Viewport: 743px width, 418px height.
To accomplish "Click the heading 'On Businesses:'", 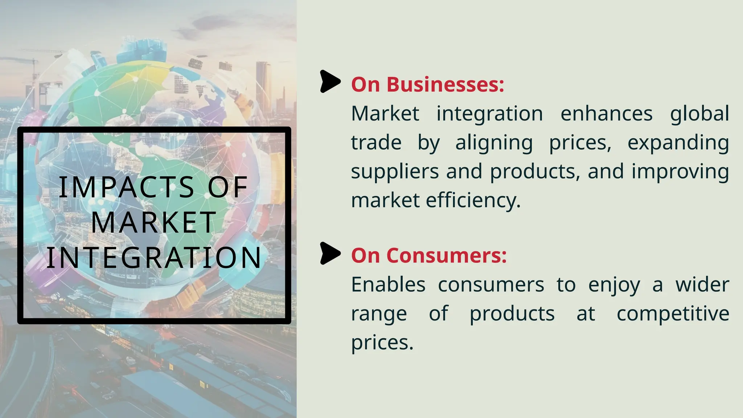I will coord(427,85).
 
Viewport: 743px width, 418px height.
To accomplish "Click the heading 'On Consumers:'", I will coord(429,255).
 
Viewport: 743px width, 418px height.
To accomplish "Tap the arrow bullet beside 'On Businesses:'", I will coord(330,82).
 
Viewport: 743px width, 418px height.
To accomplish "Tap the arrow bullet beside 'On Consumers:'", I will coord(330,253).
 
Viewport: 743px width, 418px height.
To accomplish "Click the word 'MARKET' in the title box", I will coord(154,222).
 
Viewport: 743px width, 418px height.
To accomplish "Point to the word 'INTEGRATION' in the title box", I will coord(154,258).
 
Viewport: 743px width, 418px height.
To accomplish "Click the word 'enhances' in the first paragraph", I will coord(606,114).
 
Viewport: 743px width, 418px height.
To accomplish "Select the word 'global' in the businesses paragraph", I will coord(699,114).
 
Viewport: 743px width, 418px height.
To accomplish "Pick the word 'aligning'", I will coord(494,143).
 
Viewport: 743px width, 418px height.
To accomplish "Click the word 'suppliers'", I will coord(395,172).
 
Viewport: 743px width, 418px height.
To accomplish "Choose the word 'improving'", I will coord(680,172).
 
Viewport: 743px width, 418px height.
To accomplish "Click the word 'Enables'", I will coord(388,285).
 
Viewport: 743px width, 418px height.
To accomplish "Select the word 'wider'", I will coord(702,285).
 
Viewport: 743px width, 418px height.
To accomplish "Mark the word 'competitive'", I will coord(673,314).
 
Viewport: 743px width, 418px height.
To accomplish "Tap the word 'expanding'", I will coord(678,143).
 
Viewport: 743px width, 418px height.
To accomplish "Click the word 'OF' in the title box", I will coord(227,187).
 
